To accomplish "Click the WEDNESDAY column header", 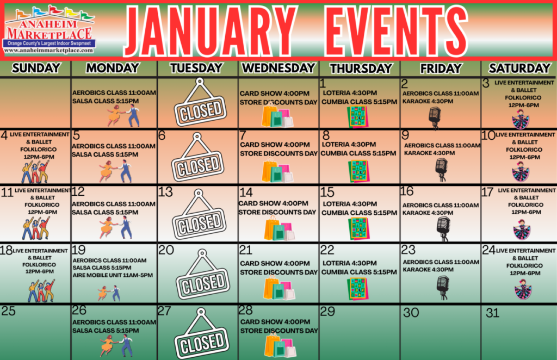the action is (278, 68).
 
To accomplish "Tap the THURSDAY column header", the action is (361, 68).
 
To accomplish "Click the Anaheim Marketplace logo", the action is (49, 30).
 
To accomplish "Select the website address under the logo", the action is (48, 51).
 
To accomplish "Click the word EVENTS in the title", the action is (396, 31).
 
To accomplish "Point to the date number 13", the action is (165, 192).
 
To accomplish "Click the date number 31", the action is (492, 313).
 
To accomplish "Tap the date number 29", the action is (327, 312).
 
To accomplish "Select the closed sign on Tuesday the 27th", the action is (201, 334).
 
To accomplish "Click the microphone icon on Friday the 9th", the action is (441, 169).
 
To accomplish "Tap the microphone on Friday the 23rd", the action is (443, 288).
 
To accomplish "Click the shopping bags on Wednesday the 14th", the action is (280, 229).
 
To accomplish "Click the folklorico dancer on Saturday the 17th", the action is (522, 229).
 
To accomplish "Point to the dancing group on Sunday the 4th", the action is (35, 172).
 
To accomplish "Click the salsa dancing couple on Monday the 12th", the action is (116, 227).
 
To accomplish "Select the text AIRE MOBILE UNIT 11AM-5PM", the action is (113, 275).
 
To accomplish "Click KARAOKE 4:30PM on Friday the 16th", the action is (428, 213).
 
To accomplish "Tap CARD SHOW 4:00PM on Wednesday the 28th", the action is (275, 322).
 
